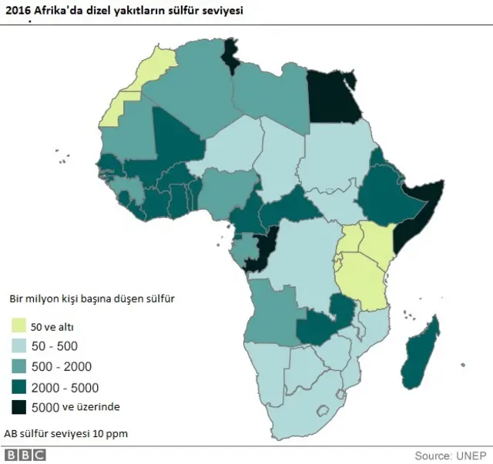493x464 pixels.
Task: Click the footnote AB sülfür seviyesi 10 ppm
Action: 65,433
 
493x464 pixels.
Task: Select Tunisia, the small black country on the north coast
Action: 230,55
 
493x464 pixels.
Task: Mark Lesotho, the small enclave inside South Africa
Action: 336,395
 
